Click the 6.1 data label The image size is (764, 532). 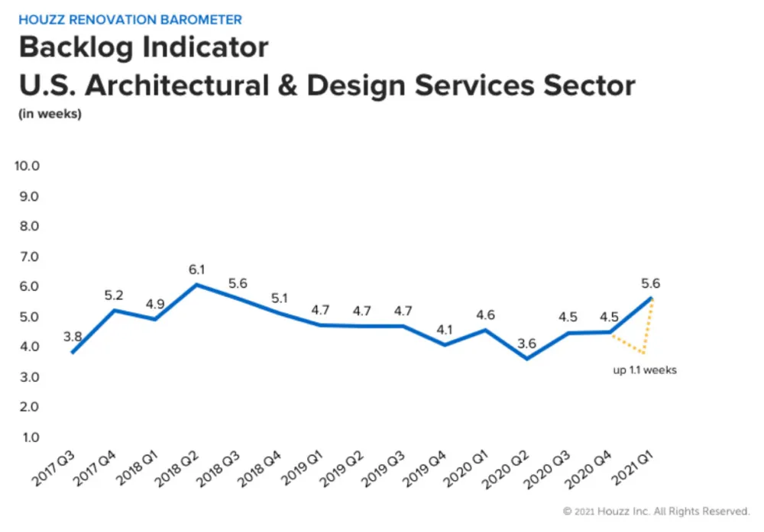click(197, 269)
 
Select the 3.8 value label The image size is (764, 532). click(73, 337)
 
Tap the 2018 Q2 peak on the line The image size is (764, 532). click(197, 284)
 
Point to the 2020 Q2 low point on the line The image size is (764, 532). click(526, 359)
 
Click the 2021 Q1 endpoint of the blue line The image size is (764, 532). click(651, 298)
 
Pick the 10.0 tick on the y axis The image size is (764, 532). click(27, 166)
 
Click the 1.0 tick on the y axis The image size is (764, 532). click(31, 437)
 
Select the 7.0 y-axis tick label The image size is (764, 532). click(29, 256)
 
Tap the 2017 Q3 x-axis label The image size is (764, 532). click(53, 468)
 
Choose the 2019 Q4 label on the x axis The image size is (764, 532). click(424, 468)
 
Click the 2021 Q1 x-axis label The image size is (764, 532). click(632, 468)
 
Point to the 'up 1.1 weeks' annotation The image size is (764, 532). click(645, 370)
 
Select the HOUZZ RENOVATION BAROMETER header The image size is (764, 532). click(130, 20)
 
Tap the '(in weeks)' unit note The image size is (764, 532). click(50, 114)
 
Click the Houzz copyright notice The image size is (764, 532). click(656, 511)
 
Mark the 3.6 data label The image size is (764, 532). click(526, 343)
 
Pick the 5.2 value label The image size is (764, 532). click(114, 295)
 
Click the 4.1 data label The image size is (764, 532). click(445, 330)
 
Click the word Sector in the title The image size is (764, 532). click(589, 85)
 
